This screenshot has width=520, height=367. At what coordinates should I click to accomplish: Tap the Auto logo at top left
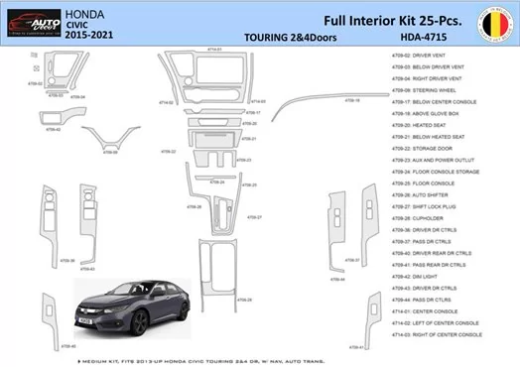click(30, 21)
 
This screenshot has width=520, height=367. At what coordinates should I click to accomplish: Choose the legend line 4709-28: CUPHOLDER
click(431, 221)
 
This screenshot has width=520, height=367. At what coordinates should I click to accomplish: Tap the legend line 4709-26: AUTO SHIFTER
click(434, 193)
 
